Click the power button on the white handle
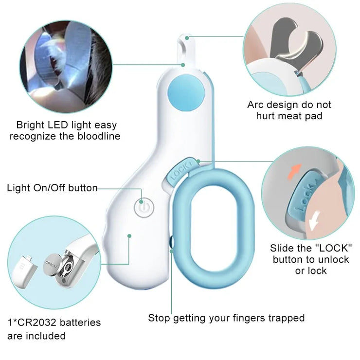142,206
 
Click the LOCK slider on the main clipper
179,171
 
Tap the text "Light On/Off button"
52,188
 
